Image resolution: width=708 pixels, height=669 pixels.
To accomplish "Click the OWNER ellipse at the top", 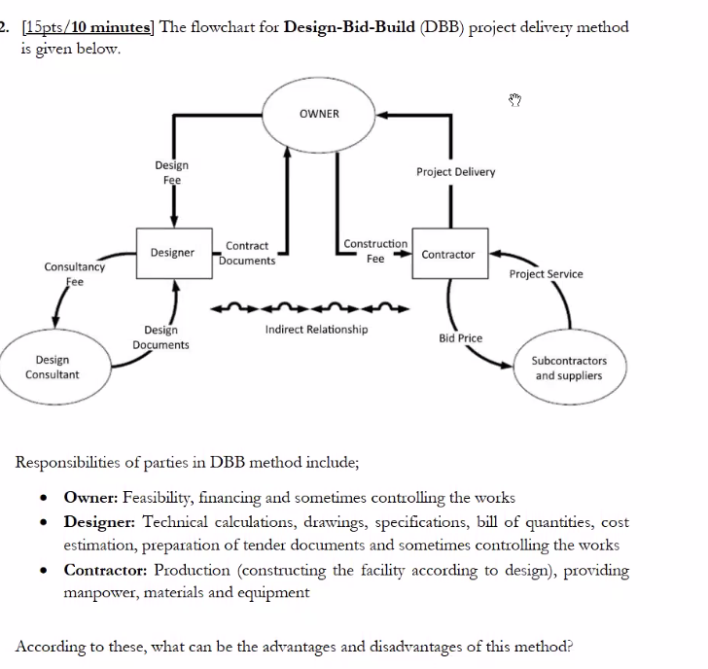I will tap(319, 115).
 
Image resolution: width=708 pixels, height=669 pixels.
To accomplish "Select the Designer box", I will tap(172, 253).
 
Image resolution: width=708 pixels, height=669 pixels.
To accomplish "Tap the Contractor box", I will tap(448, 255).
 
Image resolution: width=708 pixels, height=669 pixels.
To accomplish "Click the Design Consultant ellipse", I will tap(52, 367).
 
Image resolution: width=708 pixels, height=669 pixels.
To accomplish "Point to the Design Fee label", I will tap(172, 173).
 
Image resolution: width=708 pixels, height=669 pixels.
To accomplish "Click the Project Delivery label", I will tap(455, 172).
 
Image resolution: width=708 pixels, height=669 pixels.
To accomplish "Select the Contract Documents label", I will tap(247, 254).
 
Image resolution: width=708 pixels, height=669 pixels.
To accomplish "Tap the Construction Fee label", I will tap(375, 251).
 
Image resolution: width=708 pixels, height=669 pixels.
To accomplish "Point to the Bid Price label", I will tap(461, 338).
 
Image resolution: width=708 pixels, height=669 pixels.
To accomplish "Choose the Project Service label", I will tap(546, 274).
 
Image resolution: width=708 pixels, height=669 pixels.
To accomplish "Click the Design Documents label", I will tap(160, 337).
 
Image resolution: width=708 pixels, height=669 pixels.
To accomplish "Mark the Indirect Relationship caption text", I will tap(316, 330).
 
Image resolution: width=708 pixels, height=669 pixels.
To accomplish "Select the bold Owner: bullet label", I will tap(90, 497).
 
